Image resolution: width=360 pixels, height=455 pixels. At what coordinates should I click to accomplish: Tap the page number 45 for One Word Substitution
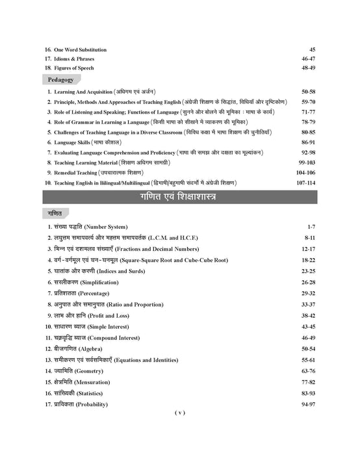(x=312, y=49)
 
